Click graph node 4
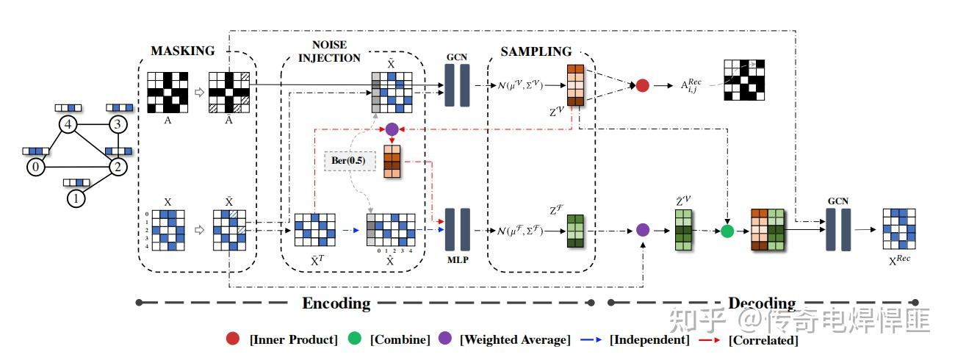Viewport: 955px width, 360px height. (68, 125)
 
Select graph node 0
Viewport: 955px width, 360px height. (35, 168)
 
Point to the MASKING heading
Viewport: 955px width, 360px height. (183, 51)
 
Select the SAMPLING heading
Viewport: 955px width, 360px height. (536, 51)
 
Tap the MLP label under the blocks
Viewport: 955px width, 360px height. (457, 259)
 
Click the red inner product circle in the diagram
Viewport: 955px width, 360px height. (642, 86)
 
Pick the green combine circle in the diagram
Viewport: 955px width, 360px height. (727, 231)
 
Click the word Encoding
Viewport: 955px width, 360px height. (336, 303)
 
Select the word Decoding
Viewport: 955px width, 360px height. (762, 303)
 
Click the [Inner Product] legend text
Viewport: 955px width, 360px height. (293, 339)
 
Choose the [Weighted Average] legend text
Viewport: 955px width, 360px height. (514, 339)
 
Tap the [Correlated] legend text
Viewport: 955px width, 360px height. (763, 339)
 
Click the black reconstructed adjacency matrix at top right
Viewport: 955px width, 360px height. (744, 79)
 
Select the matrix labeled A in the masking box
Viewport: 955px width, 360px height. (167, 93)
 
